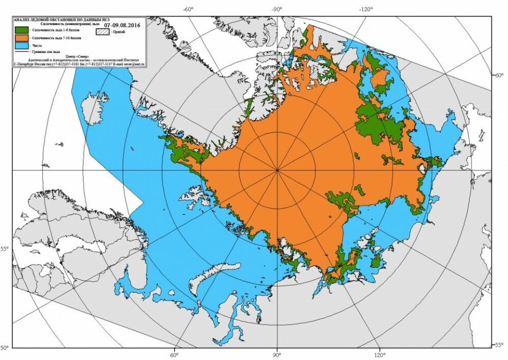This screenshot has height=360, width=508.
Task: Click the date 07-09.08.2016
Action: click(123, 24)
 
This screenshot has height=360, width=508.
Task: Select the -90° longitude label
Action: click(277, 9)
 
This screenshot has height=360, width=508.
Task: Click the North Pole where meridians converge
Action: click(277, 170)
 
